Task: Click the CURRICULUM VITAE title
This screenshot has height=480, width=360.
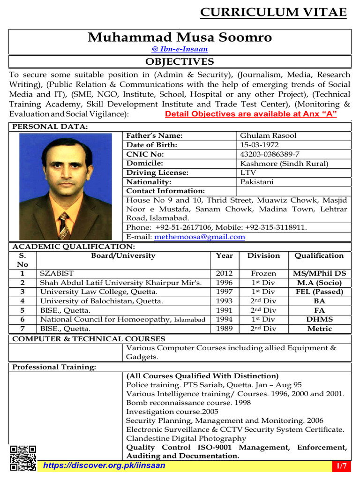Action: point(273,13)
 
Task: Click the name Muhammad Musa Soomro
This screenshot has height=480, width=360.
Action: point(180,37)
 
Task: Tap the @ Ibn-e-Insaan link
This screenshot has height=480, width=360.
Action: point(180,49)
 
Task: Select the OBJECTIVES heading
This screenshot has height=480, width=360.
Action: point(180,62)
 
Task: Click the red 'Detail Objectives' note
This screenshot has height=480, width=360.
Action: point(251,114)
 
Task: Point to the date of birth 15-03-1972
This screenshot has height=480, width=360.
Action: point(259,145)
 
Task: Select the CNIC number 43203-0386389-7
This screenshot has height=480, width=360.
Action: point(270,154)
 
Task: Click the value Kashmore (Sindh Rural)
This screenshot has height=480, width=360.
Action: point(284,164)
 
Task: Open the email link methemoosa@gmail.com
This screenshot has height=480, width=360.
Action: point(200,237)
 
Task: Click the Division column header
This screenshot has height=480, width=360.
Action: point(263,255)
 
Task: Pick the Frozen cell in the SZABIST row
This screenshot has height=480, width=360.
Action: point(263,273)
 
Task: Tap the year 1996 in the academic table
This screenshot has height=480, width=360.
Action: point(224,283)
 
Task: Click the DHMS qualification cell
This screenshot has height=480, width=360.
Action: point(319,319)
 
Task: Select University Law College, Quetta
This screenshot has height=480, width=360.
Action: point(101,292)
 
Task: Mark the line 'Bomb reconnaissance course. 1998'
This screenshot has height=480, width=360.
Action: point(188,403)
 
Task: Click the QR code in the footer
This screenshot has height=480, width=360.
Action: point(23,457)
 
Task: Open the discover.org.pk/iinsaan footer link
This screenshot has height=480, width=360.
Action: point(104,465)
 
